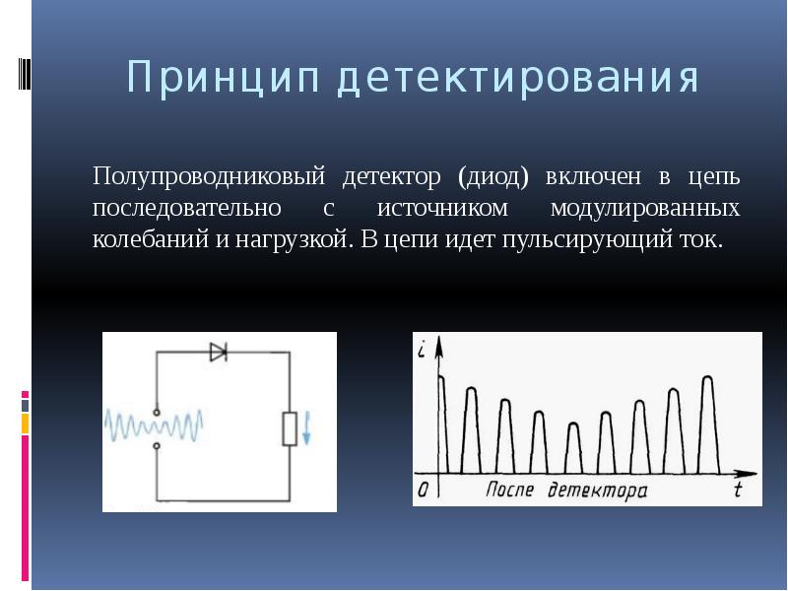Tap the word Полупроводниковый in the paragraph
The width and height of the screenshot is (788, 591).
210,178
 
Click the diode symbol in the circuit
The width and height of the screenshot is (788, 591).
218,351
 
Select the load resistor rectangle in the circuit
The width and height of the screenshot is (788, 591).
290,427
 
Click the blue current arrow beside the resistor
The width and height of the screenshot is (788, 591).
307,427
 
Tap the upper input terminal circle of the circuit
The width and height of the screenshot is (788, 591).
156,411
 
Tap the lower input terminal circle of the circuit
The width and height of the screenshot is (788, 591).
156,446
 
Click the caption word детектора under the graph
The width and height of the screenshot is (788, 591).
598,490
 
